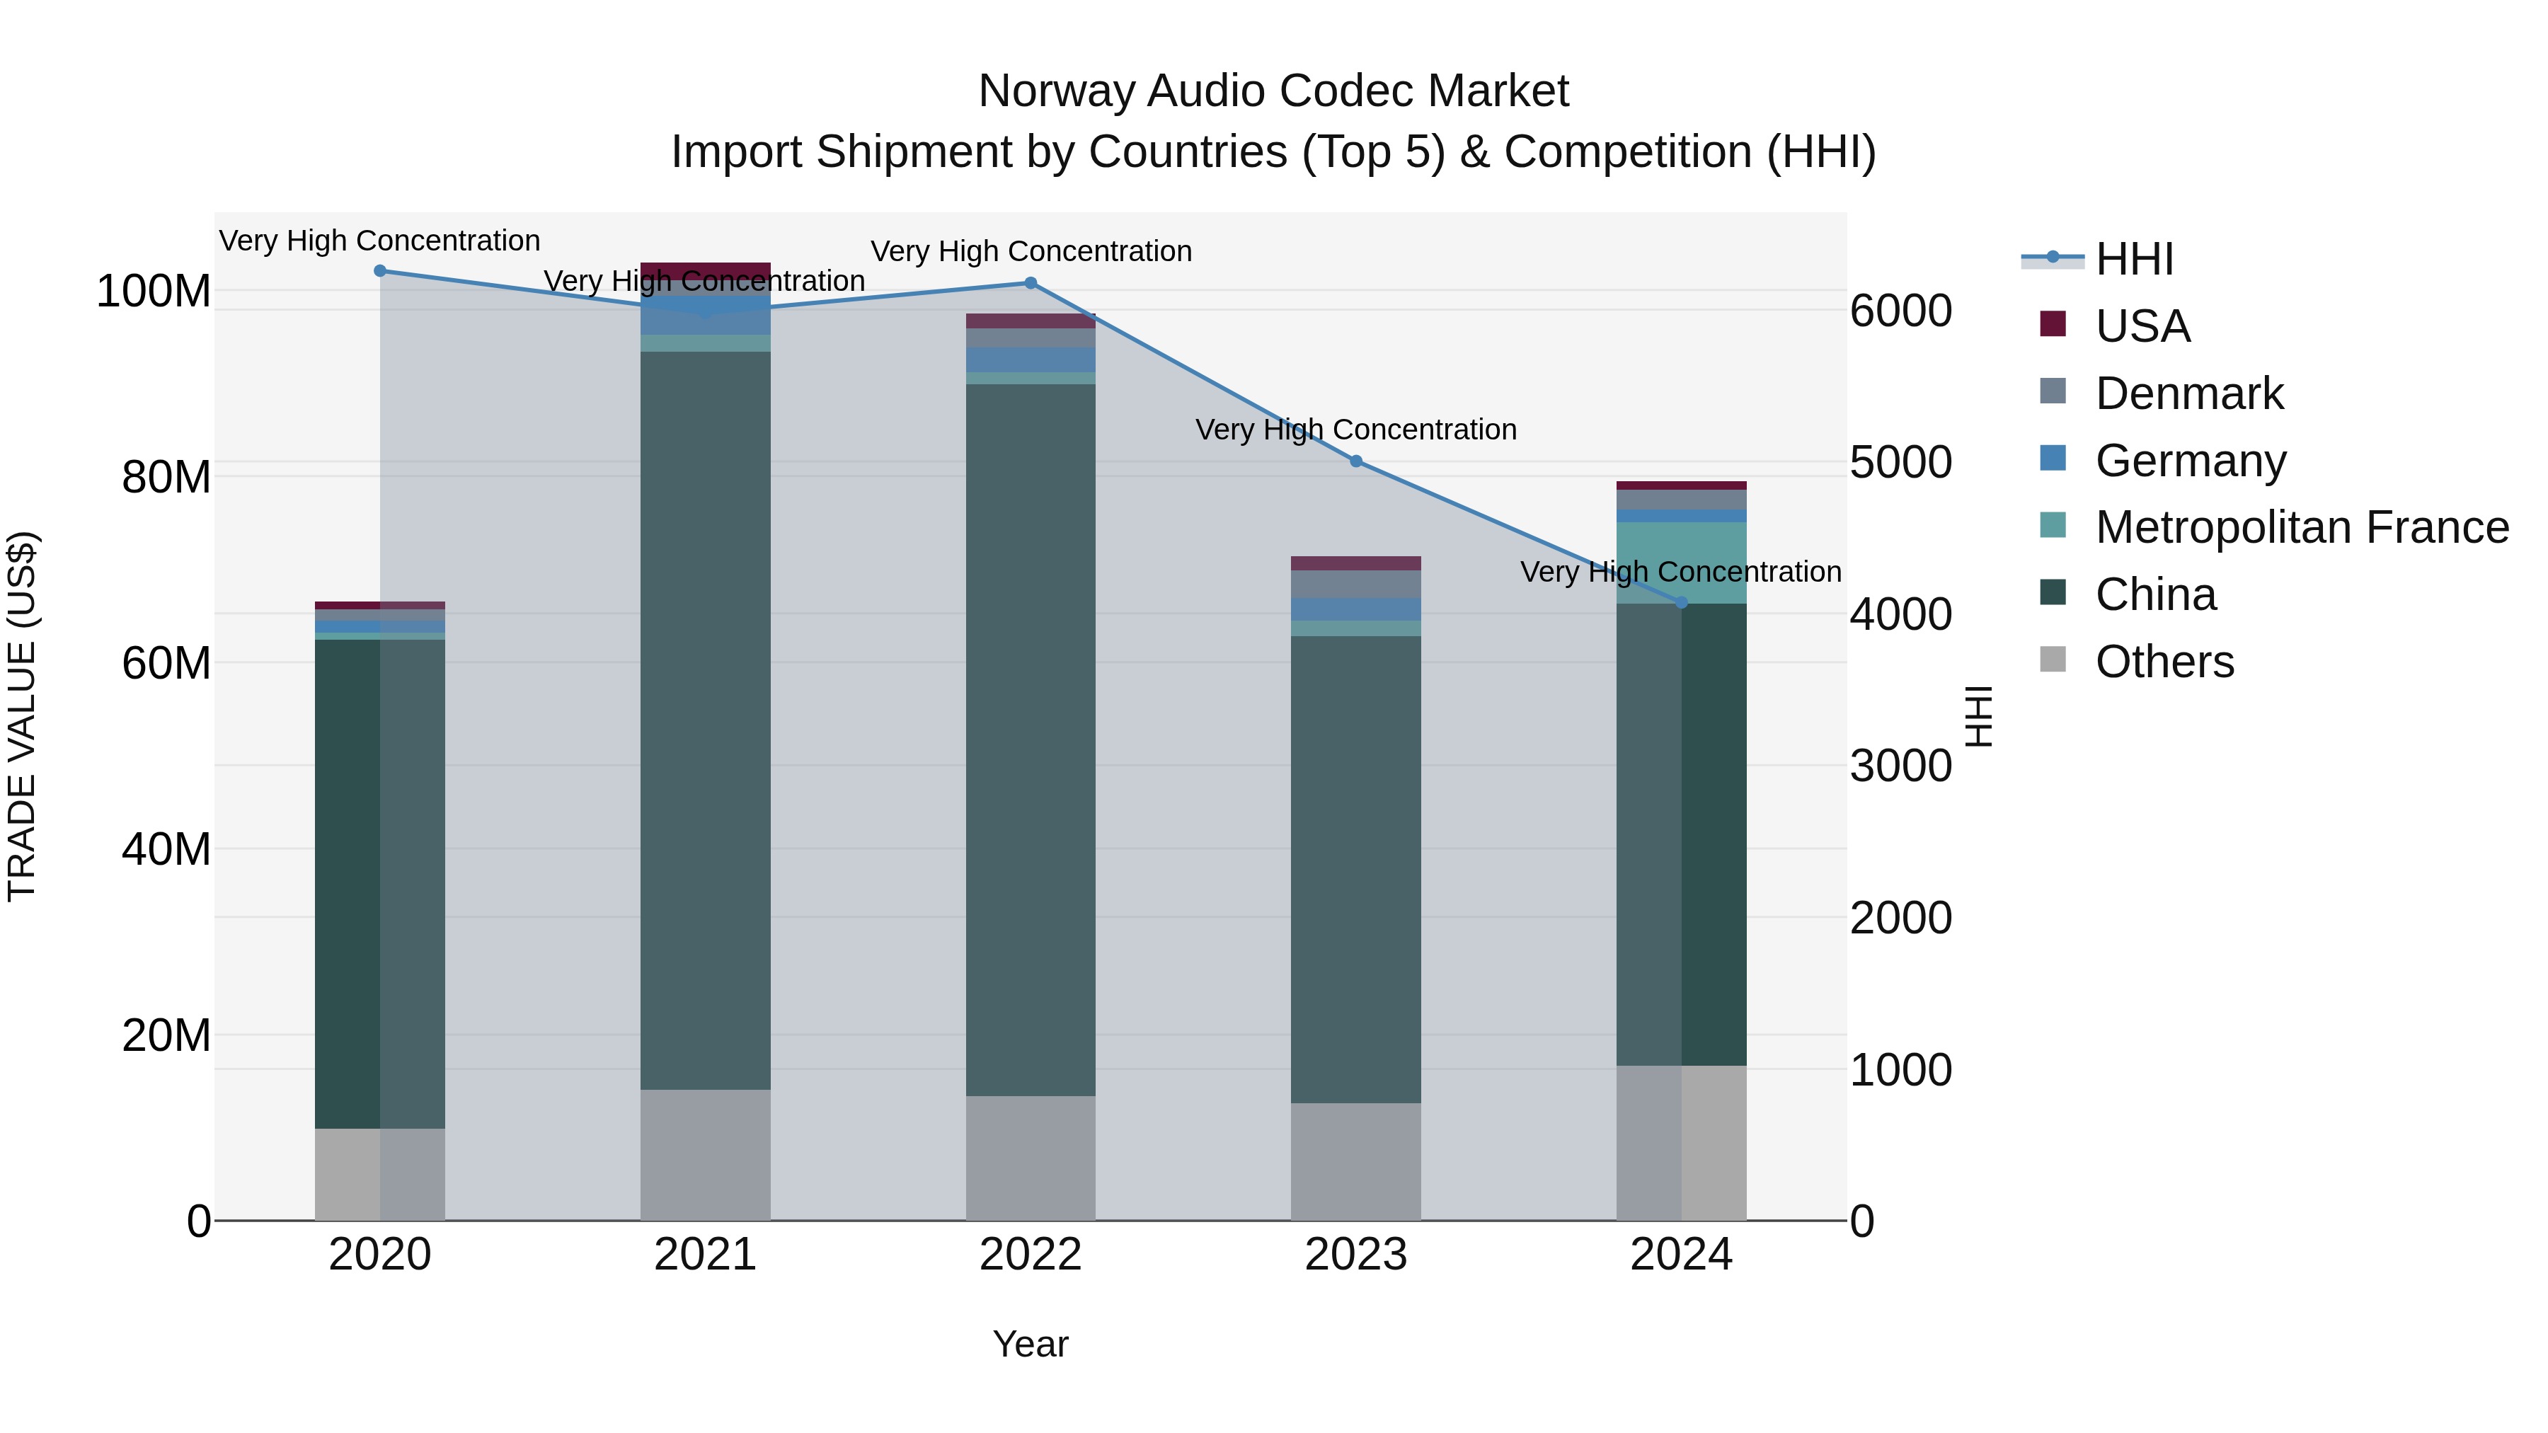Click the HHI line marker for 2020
click(x=380, y=271)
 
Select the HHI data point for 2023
click(x=1356, y=461)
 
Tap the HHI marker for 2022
click(x=1031, y=283)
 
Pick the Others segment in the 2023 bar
click(x=1356, y=1161)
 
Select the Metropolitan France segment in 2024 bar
click(x=1682, y=562)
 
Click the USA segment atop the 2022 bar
click(x=1031, y=321)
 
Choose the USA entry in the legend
click(x=2142, y=326)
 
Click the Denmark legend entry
click(x=2189, y=393)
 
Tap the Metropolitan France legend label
click(x=2302, y=527)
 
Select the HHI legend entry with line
click(x=2133, y=259)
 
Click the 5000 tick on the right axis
click(x=1900, y=463)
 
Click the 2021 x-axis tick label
click(x=705, y=1255)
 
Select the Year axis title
click(x=1031, y=1344)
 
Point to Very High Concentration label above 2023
click(x=1356, y=430)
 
